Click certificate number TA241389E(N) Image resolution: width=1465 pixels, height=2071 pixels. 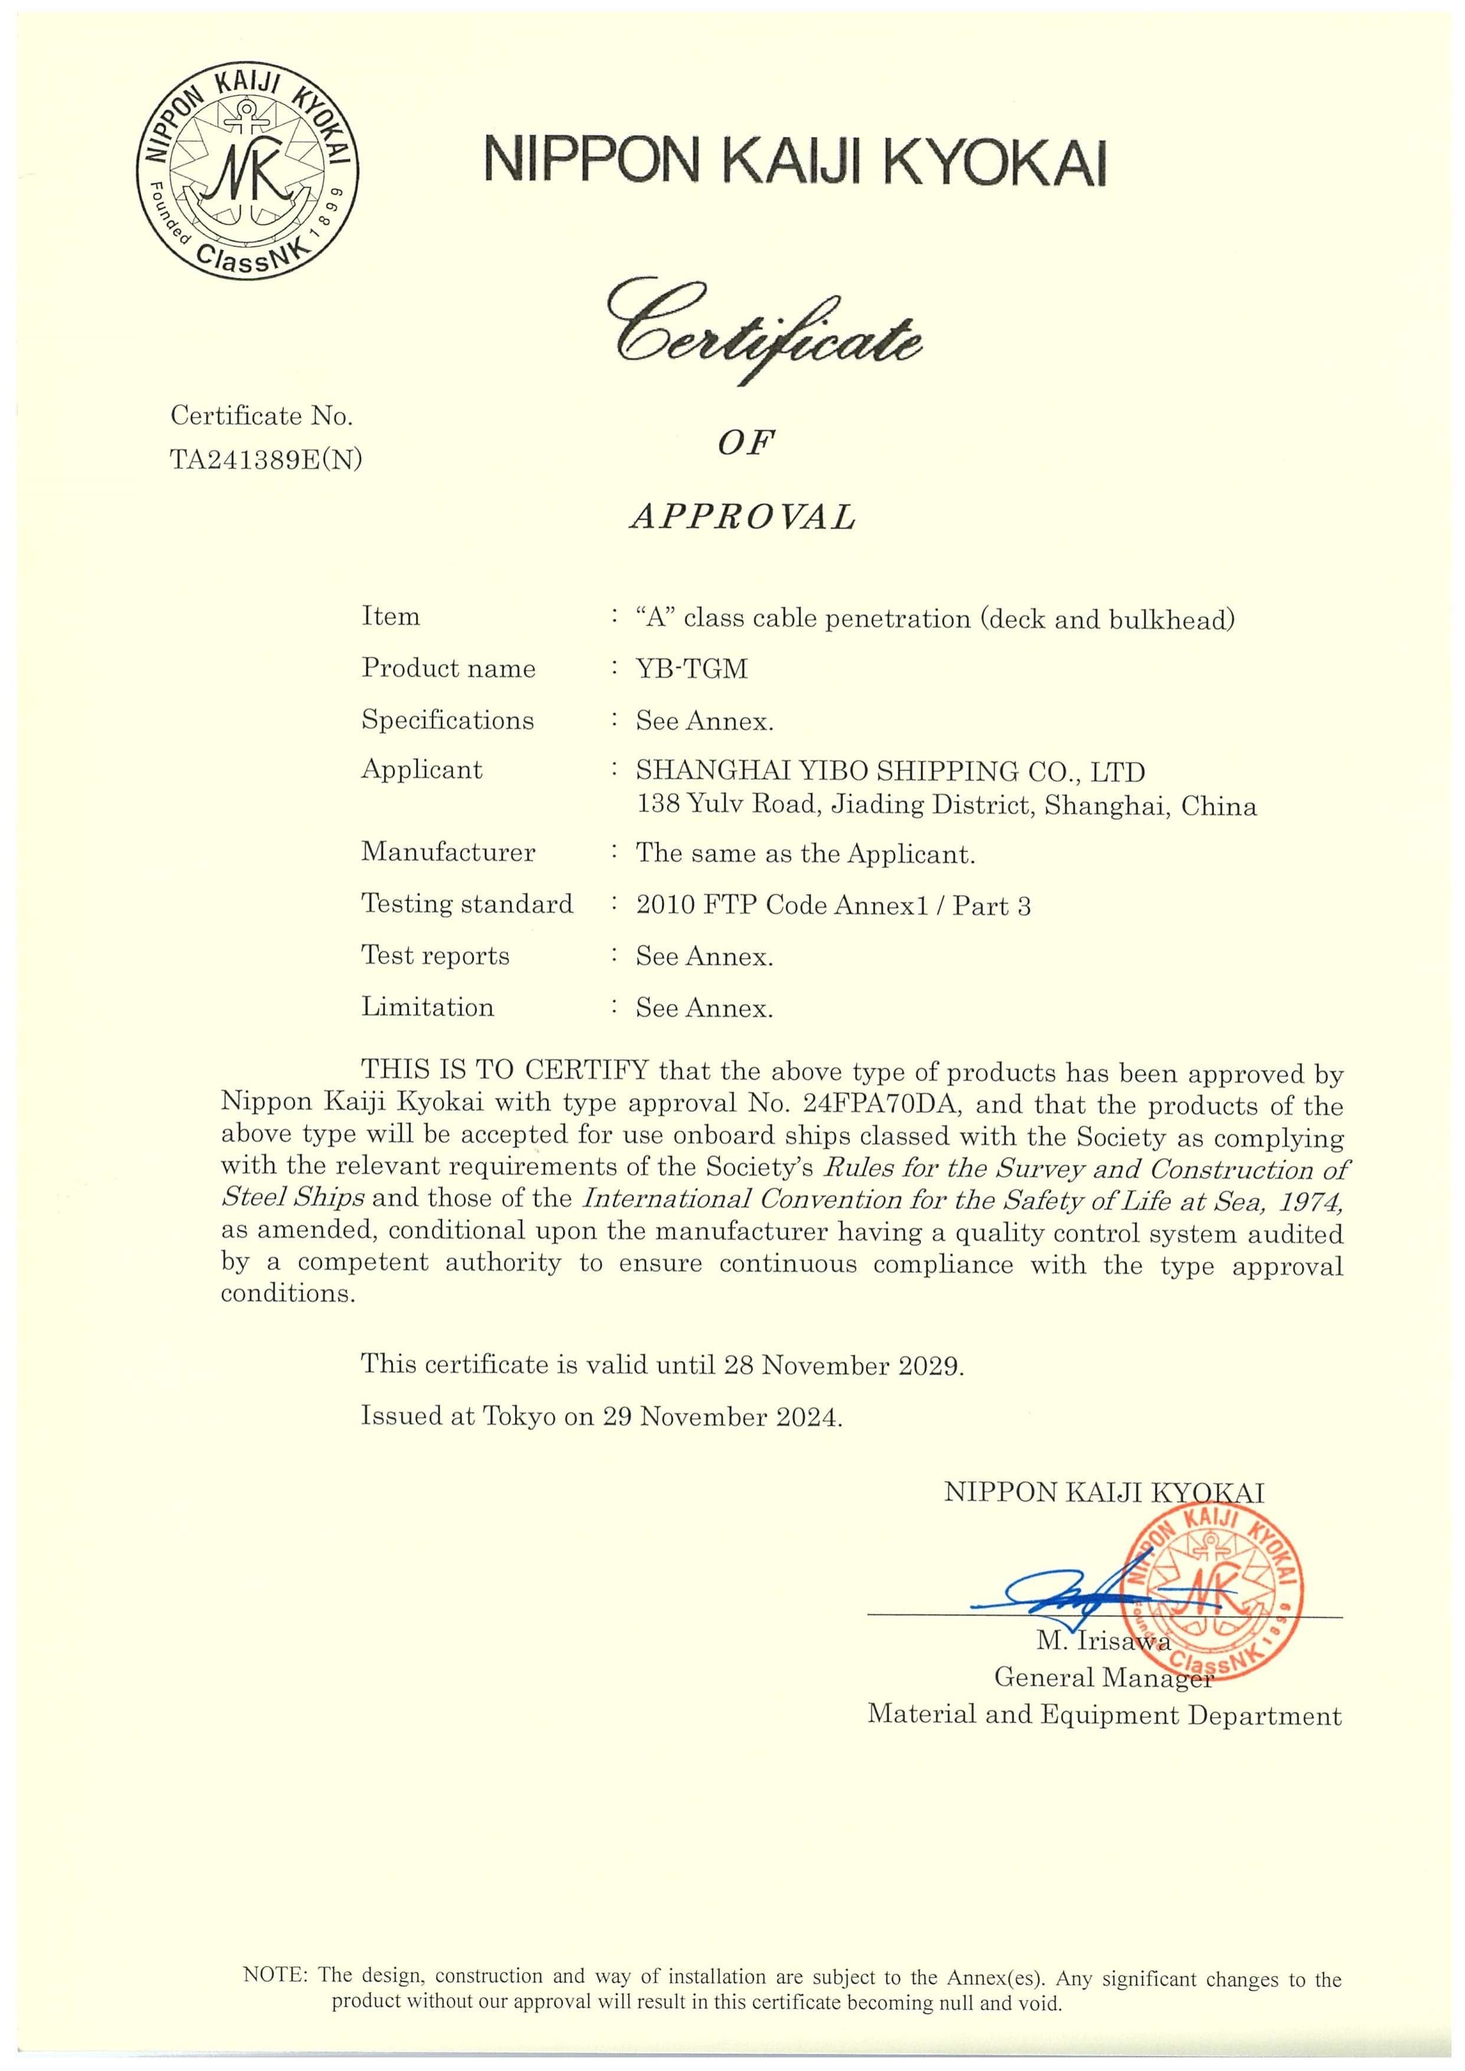[x=266, y=460]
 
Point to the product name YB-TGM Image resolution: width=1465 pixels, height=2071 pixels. [x=691, y=669]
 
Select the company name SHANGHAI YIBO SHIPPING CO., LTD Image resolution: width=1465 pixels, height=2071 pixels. [x=890, y=771]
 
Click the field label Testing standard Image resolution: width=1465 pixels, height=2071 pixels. [x=467, y=904]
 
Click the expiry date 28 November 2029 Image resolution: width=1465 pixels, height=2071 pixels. [x=844, y=1365]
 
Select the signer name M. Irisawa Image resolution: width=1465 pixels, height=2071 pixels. [x=1102, y=1641]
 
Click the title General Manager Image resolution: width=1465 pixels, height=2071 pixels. [x=1102, y=1677]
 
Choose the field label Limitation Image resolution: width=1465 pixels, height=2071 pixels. [x=428, y=1007]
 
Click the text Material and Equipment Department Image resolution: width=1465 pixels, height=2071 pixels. [x=1104, y=1715]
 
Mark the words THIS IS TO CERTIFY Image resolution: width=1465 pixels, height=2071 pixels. [x=504, y=1071]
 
